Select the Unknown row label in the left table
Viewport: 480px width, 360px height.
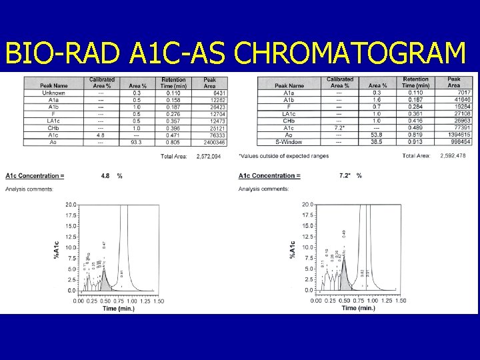coord(53,93)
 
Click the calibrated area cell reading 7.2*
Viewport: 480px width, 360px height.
coord(340,127)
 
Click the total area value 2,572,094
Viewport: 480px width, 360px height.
coord(210,157)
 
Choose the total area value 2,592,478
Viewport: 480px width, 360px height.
coord(454,156)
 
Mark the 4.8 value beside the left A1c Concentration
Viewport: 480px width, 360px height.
coord(105,176)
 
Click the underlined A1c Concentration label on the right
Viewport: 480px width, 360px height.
coord(269,176)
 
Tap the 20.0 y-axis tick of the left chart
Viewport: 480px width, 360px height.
coord(69,205)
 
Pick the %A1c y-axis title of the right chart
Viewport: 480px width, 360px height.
coord(292,248)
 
